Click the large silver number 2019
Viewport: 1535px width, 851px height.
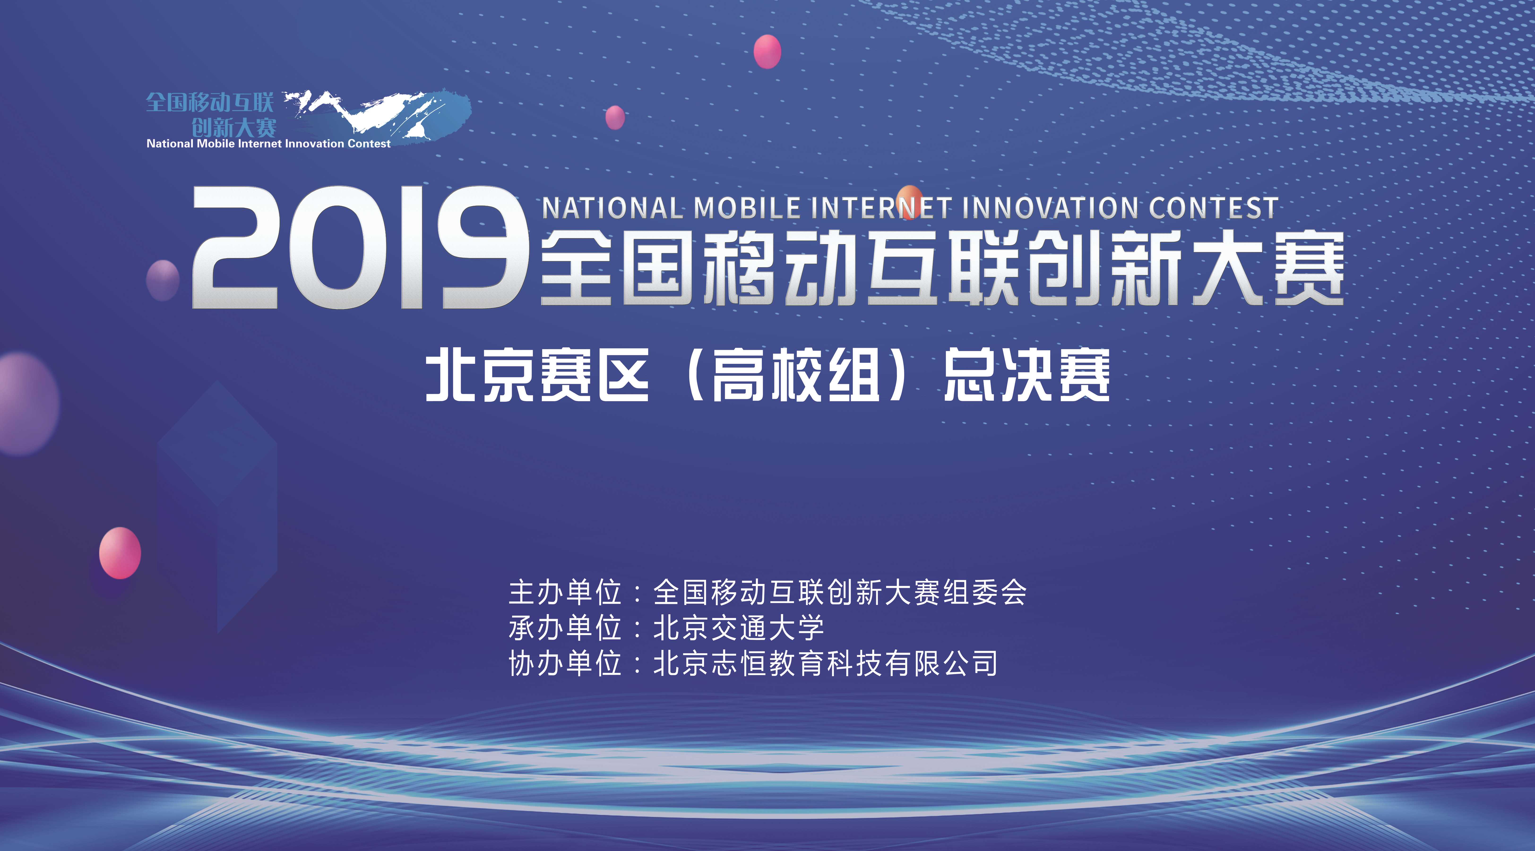(361, 247)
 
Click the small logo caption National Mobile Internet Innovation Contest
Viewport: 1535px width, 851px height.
(269, 144)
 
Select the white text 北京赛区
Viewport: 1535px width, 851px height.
(538, 375)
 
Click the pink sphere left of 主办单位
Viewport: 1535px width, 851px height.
(120, 552)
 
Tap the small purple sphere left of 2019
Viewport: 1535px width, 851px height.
(163, 279)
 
